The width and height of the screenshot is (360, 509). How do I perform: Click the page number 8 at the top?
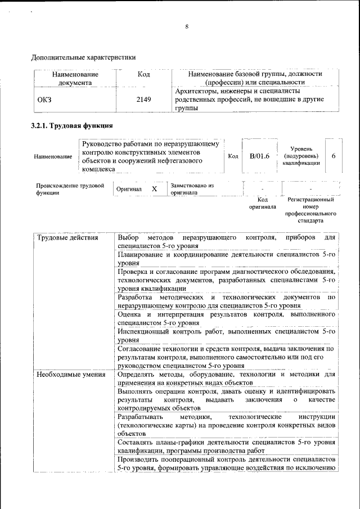point(187,26)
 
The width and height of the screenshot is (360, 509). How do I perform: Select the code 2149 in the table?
point(144,99)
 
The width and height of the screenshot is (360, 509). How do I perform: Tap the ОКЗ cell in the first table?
point(44,99)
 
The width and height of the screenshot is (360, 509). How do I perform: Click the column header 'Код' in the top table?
point(144,74)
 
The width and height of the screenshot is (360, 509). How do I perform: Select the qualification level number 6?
point(334,156)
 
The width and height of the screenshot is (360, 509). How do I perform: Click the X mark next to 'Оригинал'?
point(154,189)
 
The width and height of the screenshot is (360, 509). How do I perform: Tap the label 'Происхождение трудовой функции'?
point(70,189)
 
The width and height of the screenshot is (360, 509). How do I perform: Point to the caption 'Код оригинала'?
point(263,203)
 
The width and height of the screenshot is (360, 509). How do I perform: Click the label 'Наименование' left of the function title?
point(53,156)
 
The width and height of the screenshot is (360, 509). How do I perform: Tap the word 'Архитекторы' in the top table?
point(196,91)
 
